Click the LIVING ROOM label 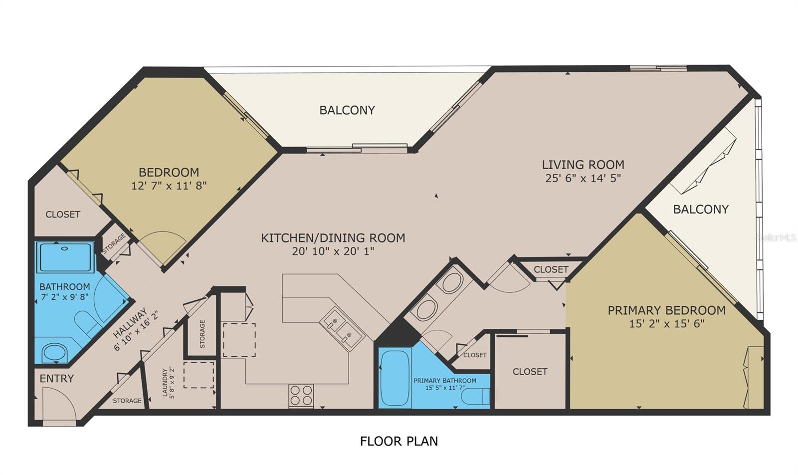pos(583,165)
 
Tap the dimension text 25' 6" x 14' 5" pos(583,178)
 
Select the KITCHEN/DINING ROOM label pos(333,238)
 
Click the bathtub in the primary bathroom pos(395,378)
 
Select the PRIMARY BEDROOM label pos(666,310)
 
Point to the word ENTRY pos(56,379)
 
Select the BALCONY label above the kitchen pos(347,110)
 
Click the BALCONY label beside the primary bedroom pos(701,210)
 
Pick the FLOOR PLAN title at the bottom pos(399,441)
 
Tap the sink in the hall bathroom pos(54,353)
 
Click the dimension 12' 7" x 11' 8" pos(169,186)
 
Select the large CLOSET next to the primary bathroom pos(530,372)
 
